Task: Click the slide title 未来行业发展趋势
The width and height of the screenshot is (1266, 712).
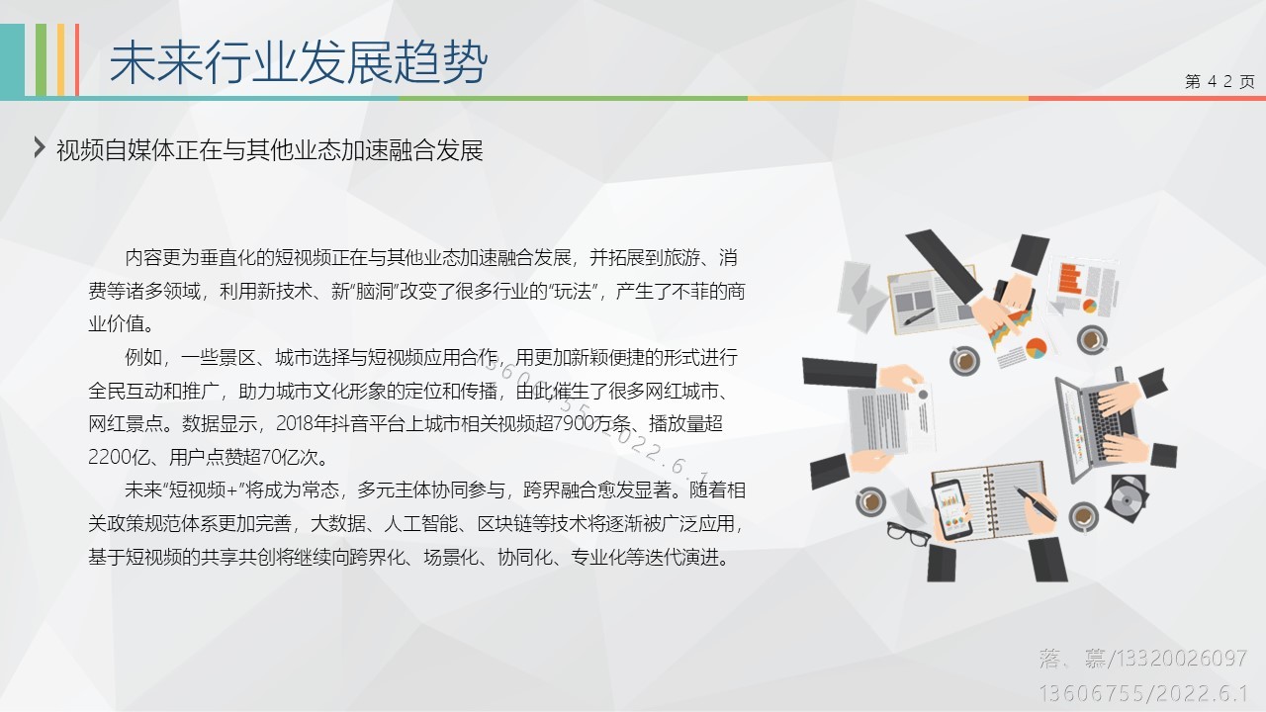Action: point(298,62)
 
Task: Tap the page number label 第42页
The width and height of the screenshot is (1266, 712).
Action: point(1220,81)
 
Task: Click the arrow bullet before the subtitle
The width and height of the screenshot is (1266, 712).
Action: point(40,147)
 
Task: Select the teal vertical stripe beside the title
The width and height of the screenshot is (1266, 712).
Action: point(13,60)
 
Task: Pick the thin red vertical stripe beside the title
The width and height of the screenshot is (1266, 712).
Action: point(77,60)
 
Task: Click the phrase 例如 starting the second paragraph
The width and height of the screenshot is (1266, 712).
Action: point(143,357)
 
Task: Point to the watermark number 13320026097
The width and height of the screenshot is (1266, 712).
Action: point(1178,659)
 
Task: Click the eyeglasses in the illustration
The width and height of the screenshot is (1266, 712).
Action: point(908,533)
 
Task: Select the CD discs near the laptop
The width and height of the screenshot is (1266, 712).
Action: point(1129,497)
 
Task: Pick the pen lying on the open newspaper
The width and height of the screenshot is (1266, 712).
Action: point(919,316)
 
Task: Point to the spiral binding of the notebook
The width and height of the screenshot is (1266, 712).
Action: point(990,500)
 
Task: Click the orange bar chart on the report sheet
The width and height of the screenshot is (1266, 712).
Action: point(1070,279)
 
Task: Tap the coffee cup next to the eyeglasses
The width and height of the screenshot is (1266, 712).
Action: point(870,501)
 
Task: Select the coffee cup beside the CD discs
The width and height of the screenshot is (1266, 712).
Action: point(1083,516)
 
